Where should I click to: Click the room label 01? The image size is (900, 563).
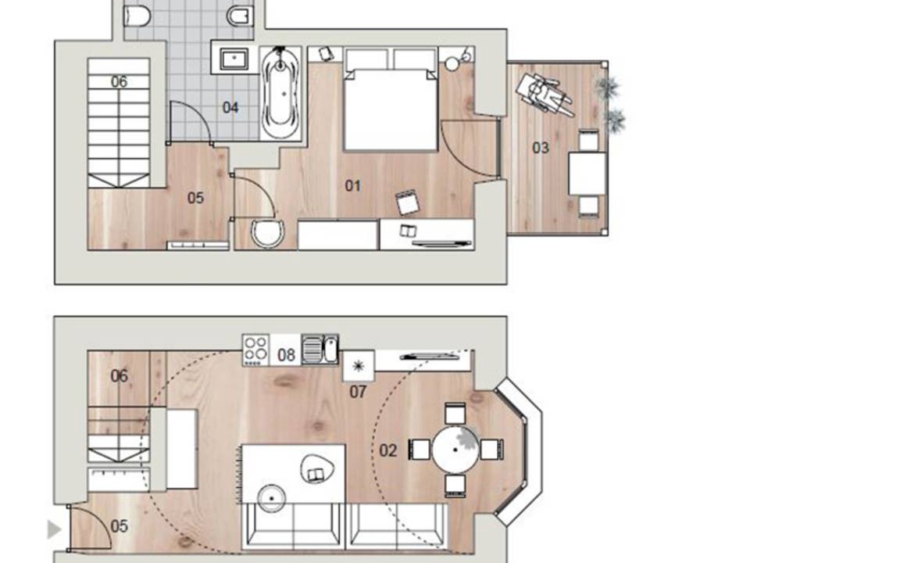click(x=352, y=185)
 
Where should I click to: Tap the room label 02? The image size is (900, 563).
click(x=388, y=450)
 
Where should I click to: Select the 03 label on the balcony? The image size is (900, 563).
click(x=540, y=148)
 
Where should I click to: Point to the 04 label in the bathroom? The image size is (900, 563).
click(x=230, y=107)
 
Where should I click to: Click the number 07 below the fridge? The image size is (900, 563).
click(x=358, y=392)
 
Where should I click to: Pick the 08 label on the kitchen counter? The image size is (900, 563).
click(x=286, y=355)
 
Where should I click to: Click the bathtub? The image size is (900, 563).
click(x=280, y=93)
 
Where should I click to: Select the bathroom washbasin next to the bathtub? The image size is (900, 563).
click(x=234, y=58)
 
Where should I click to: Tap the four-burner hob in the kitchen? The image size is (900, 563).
click(x=255, y=350)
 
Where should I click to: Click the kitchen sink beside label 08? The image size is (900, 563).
click(x=320, y=350)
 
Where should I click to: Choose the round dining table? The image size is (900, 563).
click(x=455, y=450)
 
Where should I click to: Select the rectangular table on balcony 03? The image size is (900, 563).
click(x=587, y=173)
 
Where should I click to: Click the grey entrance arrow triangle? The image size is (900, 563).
click(x=54, y=529)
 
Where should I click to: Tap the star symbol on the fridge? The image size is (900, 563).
click(x=358, y=366)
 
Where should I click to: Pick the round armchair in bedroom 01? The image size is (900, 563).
click(x=268, y=233)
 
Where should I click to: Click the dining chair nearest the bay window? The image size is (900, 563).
click(x=492, y=450)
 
